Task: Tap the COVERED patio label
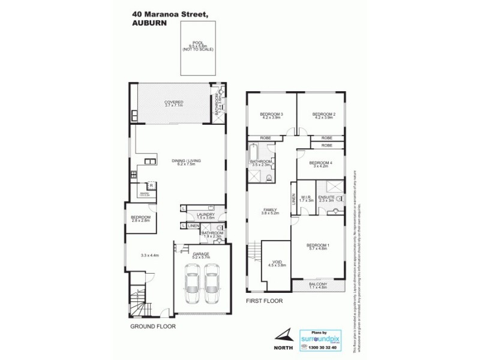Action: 174,103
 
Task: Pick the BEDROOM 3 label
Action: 271,115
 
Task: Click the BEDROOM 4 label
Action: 320,164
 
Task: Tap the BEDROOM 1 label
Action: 318,246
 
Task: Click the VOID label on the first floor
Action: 277,262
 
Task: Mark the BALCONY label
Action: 318,285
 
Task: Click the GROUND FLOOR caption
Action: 154,327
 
